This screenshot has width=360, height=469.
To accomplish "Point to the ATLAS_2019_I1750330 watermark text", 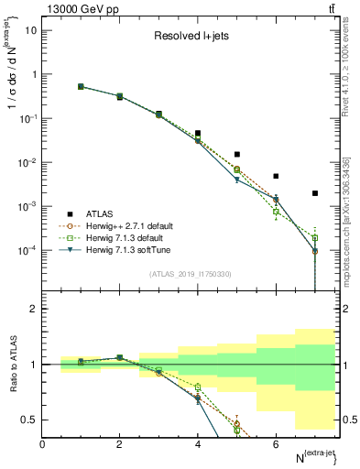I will point(190,273).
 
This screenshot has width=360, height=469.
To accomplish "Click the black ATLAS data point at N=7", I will point(315,193).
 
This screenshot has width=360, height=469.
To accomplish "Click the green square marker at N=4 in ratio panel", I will point(198,387).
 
